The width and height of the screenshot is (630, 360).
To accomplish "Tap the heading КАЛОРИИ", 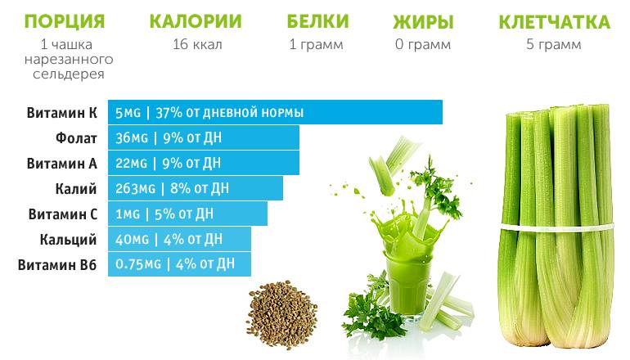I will pos(197,21).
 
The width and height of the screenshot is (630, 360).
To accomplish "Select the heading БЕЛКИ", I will pos(317,21).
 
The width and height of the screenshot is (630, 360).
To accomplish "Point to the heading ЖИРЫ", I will pos(422,21).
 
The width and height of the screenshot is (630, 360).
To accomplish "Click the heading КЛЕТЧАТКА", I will pos(554,21).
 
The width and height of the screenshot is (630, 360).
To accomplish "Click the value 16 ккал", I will pos(197,44).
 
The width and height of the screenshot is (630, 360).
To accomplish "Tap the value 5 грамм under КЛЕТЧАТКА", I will pos(554,44).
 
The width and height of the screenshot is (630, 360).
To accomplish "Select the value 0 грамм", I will pos(422,44).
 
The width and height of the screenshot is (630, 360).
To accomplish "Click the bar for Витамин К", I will pos(275,112).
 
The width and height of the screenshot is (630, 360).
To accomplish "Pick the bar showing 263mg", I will pos(196,188).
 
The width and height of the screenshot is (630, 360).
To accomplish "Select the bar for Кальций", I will pos(179,239).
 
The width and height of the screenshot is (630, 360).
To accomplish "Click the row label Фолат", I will pos(77,137).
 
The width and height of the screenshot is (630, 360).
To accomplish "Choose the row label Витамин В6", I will pos(57,264).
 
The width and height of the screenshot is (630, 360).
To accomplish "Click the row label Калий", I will pos(79,188).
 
